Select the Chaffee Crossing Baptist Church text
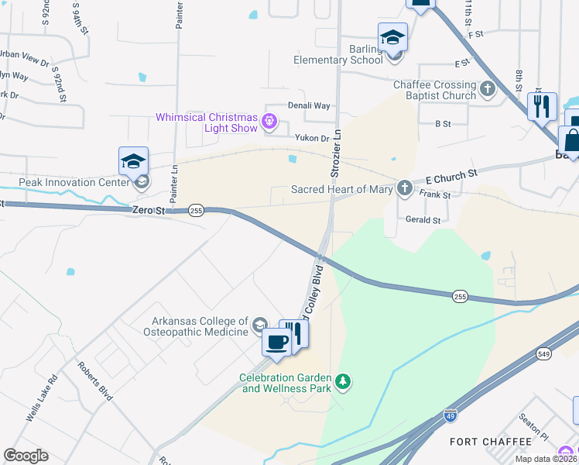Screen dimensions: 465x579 [x=434, y=90]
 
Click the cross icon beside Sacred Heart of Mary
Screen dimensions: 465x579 [x=404, y=188]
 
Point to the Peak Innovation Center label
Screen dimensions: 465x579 [x=65, y=183]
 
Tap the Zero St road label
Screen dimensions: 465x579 [x=149, y=210]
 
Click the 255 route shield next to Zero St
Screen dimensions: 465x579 [x=197, y=211]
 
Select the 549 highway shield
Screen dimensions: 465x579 [x=544, y=353]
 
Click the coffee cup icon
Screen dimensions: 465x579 [x=276, y=340]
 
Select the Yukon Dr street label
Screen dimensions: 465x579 [x=313, y=137]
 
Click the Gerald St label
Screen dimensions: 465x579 [x=423, y=220]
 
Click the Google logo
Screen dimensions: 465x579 [x=26, y=455]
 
